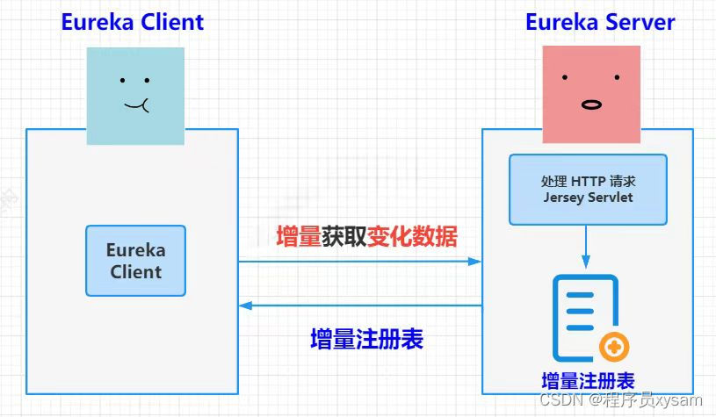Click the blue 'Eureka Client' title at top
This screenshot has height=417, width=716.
click(x=132, y=22)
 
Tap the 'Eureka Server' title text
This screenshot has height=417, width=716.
click(x=600, y=22)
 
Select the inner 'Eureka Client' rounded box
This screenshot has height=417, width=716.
click(x=136, y=261)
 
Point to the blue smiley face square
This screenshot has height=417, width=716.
click(x=135, y=95)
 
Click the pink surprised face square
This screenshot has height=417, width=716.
click(x=591, y=94)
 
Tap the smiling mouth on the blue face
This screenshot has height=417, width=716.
click(x=137, y=106)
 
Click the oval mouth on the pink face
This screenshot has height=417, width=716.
click(x=591, y=104)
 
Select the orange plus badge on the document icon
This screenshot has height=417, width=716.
click(x=614, y=348)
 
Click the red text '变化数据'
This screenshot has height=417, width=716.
click(x=412, y=236)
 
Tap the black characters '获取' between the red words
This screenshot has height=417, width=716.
click(x=344, y=236)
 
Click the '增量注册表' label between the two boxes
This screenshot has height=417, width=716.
click(x=366, y=340)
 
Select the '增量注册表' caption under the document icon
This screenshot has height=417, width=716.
click(x=588, y=381)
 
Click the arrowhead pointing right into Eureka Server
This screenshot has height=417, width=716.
click(x=475, y=262)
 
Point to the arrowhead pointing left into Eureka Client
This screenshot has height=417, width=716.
click(x=246, y=306)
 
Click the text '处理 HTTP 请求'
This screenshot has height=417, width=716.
click(x=588, y=182)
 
